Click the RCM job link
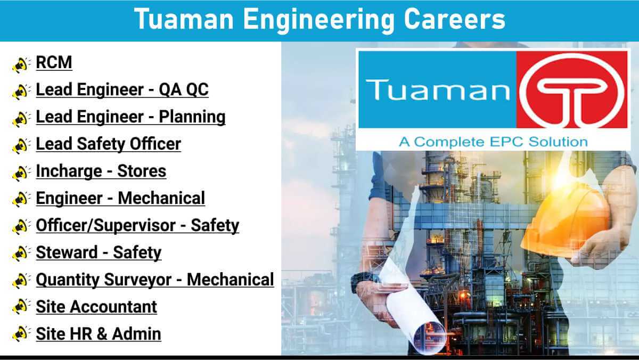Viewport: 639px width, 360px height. coord(54,62)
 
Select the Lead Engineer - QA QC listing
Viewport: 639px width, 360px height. coord(122,89)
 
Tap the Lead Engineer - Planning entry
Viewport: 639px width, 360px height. coord(130,117)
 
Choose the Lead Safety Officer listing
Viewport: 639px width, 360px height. coord(109,144)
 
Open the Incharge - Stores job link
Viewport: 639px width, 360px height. coord(101,171)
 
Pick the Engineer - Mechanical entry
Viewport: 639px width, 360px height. coord(120,198)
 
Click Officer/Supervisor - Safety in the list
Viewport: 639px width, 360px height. coord(137,225)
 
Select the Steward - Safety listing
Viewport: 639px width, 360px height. coord(99,252)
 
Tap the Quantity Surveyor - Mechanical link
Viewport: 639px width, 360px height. coord(155,280)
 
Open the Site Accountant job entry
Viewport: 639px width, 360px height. coord(96,307)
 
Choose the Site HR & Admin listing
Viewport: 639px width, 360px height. coord(99,334)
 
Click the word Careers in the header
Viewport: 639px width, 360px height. coord(454,19)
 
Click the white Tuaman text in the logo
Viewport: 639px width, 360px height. coord(438,90)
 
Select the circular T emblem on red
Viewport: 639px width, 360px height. coord(572,90)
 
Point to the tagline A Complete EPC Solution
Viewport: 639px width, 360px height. coord(493,142)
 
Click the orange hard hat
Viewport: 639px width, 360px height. coord(566,223)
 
